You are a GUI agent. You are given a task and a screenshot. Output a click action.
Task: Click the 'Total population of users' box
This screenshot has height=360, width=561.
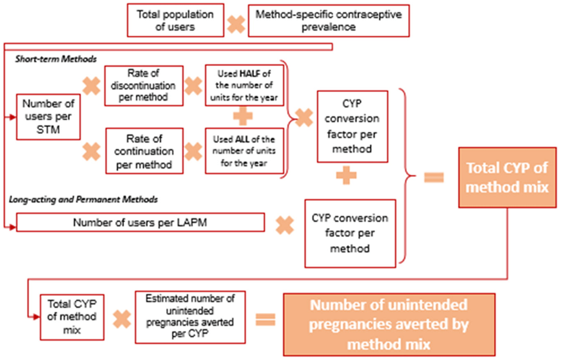(175, 20)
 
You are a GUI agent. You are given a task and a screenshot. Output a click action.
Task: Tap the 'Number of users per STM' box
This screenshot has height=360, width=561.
(48, 117)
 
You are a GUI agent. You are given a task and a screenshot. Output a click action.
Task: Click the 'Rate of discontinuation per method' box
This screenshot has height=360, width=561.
(143, 86)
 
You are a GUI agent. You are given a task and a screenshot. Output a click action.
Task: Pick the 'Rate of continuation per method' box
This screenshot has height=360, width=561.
(143, 150)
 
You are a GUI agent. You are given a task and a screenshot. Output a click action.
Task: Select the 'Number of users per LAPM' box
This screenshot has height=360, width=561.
(140, 223)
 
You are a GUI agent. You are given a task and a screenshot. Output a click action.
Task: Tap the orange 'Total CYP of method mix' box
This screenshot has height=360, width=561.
(507, 178)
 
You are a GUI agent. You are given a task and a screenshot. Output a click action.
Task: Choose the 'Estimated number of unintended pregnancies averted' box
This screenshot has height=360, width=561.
(190, 317)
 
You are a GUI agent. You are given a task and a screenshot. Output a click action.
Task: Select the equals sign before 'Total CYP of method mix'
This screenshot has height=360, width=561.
(433, 178)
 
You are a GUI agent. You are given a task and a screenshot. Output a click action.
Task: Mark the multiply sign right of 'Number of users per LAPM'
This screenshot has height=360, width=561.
(284, 225)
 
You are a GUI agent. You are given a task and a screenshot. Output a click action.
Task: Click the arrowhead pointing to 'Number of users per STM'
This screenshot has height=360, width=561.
(13, 117)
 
